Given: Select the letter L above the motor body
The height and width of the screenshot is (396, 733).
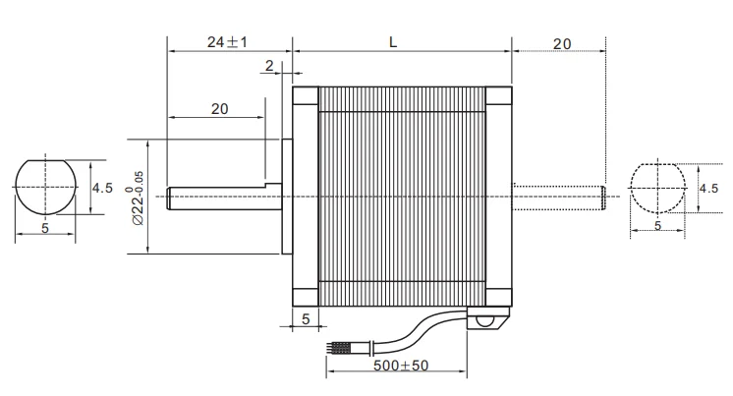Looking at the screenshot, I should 393,42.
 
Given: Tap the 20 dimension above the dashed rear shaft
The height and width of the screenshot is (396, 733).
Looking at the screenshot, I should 562,43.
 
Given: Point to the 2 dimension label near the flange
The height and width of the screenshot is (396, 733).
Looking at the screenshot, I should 268,66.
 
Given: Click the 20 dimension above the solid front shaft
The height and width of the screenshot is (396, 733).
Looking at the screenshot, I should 219,109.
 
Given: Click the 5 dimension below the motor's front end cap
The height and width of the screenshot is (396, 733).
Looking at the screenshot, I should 306,319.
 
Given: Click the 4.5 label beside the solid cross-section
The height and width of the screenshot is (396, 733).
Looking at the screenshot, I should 102,187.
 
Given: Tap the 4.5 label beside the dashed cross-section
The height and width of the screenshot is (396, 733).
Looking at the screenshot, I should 708,188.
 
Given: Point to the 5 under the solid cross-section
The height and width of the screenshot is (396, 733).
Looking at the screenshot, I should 45,227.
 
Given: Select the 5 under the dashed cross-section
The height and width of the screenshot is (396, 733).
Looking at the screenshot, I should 657,226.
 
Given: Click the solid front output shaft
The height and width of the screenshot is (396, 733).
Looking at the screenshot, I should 216,197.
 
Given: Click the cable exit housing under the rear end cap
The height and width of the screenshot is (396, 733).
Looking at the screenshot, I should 488,320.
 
